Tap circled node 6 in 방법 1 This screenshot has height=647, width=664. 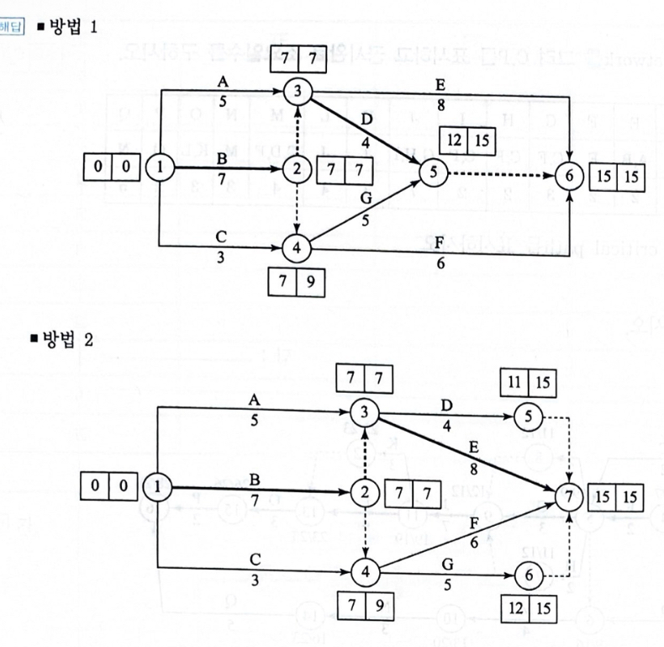[569, 178]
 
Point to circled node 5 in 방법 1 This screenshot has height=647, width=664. [433, 172]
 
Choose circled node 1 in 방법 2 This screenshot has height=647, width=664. [156, 485]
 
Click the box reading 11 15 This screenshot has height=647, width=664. [527, 381]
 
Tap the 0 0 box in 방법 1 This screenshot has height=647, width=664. [112, 167]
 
